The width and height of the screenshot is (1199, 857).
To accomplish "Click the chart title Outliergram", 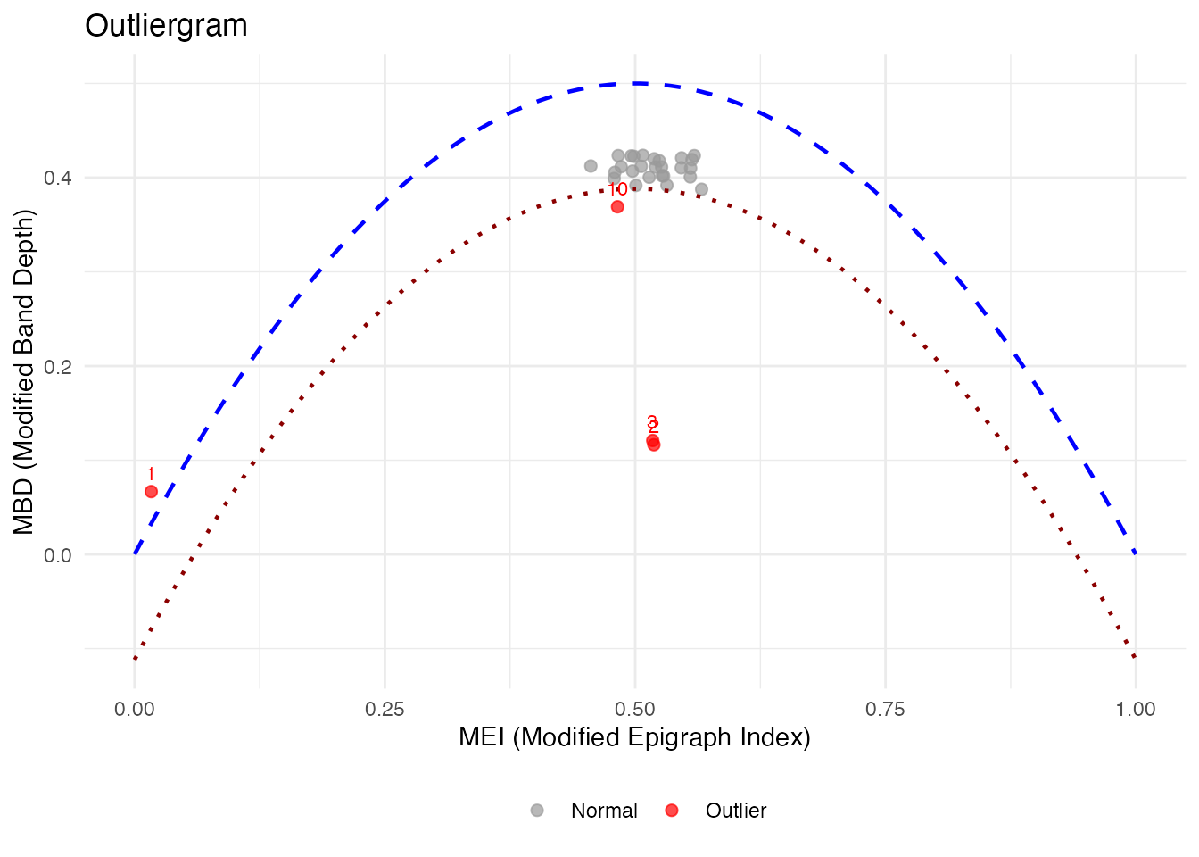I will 166,26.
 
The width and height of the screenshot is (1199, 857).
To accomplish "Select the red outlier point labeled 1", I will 151,492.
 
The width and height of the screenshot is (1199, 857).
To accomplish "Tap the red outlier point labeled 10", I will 617,207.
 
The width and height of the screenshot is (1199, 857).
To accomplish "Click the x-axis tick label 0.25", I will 385,710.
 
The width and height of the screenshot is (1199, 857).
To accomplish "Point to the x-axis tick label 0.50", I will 635,710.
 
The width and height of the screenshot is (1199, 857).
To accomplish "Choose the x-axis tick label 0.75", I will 885,710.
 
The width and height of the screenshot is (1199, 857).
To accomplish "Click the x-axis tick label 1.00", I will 1135,710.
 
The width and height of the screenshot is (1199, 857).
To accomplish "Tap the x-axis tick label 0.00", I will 135,710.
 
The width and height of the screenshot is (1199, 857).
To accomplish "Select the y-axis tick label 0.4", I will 58,178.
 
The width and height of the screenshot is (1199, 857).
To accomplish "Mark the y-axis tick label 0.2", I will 58,366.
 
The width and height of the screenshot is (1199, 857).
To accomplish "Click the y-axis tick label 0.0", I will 58,555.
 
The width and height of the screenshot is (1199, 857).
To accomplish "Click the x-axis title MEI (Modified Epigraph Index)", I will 634,737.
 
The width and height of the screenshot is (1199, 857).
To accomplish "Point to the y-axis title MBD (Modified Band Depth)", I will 24,371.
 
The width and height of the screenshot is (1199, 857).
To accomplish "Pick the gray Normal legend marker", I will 537,811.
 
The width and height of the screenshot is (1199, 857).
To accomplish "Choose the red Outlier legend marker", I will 672,811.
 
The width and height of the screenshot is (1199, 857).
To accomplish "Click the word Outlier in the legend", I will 736,811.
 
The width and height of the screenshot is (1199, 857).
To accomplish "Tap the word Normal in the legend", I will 604,811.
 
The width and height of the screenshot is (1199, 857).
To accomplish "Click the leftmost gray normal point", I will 591,166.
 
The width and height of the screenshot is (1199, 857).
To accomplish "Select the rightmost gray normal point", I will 701,189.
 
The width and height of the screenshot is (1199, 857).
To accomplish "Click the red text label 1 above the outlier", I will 151,474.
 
